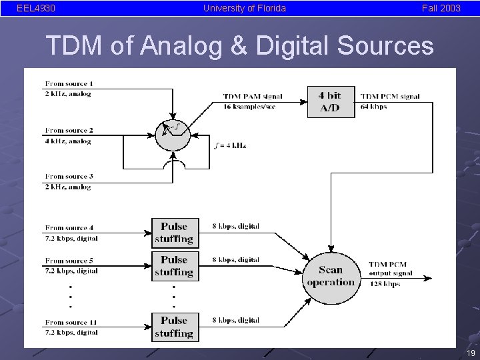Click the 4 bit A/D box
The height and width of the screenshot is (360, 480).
pos(331,101)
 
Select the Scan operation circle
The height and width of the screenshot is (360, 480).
pos(331,275)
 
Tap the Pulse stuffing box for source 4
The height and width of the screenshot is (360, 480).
pos(174,233)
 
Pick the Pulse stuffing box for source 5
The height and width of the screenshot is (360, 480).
pos(174,266)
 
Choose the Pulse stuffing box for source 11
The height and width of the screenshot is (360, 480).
pos(174,327)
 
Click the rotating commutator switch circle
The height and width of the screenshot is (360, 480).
pos(172,133)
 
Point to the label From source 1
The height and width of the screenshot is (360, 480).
pos(69,84)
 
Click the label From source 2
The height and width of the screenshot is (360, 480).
pos(69,131)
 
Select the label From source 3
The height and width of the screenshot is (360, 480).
pos(69,177)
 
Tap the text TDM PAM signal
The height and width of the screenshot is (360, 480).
pos(253,97)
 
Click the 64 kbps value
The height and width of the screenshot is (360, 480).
pos(373,107)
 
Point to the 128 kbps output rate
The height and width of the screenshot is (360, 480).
pos(384,284)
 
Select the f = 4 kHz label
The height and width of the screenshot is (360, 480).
pos(230,145)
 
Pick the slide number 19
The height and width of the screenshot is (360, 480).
pos(471,353)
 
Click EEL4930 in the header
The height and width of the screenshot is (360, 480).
pos(36,8)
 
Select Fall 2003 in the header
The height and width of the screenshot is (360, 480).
pos(441,8)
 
